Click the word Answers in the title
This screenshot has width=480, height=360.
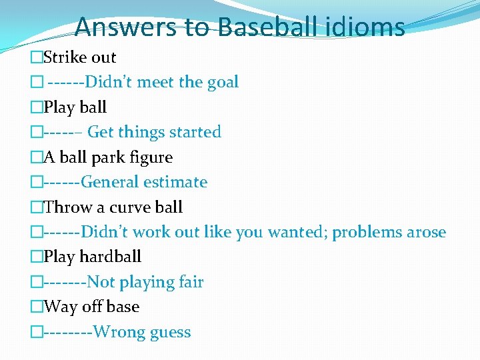[x=125, y=27]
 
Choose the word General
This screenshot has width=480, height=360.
[x=110, y=182]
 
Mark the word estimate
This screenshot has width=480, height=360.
[x=175, y=182]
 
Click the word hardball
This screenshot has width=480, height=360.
[x=111, y=257]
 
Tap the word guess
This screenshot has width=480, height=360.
[x=170, y=333]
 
